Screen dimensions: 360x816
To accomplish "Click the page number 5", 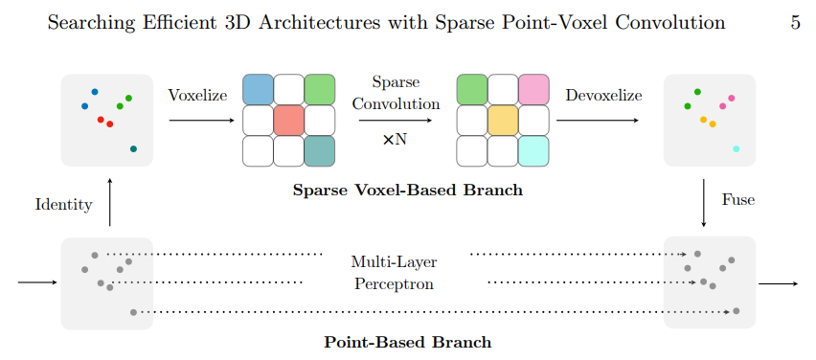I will click(x=795, y=23).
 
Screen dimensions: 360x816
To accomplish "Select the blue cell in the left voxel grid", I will click(x=258, y=89).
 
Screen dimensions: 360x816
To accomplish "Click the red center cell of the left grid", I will click(x=288, y=121).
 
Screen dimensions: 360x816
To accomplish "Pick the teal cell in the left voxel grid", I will click(x=319, y=151).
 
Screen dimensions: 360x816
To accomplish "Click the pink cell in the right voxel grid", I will click(x=533, y=89).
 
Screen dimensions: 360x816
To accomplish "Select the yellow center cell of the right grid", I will click(x=503, y=121).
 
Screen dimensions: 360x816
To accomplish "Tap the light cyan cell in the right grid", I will click(x=533, y=151).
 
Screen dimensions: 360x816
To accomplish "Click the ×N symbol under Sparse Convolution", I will click(x=395, y=139).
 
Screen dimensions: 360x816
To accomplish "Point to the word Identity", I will click(x=63, y=204).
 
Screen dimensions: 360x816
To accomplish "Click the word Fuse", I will click(x=737, y=200).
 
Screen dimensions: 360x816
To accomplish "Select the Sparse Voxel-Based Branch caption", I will click(x=407, y=190).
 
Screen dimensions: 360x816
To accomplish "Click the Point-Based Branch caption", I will click(x=407, y=342).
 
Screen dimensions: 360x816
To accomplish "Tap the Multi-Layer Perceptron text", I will click(x=396, y=272).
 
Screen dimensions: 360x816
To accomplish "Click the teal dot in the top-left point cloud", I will click(x=133, y=148).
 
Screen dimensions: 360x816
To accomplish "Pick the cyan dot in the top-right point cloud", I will click(x=736, y=148).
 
